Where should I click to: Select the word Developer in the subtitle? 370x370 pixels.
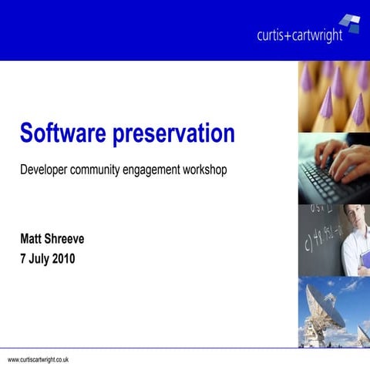[x=44, y=169]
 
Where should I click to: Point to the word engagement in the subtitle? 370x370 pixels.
[x=158, y=170]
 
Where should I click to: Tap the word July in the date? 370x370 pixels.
[x=38, y=260]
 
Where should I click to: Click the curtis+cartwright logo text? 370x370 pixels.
[x=299, y=35]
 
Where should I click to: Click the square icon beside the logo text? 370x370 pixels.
[x=351, y=23]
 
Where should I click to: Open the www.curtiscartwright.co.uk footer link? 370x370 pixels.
[x=39, y=360]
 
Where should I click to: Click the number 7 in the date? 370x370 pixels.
[x=23, y=260]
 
